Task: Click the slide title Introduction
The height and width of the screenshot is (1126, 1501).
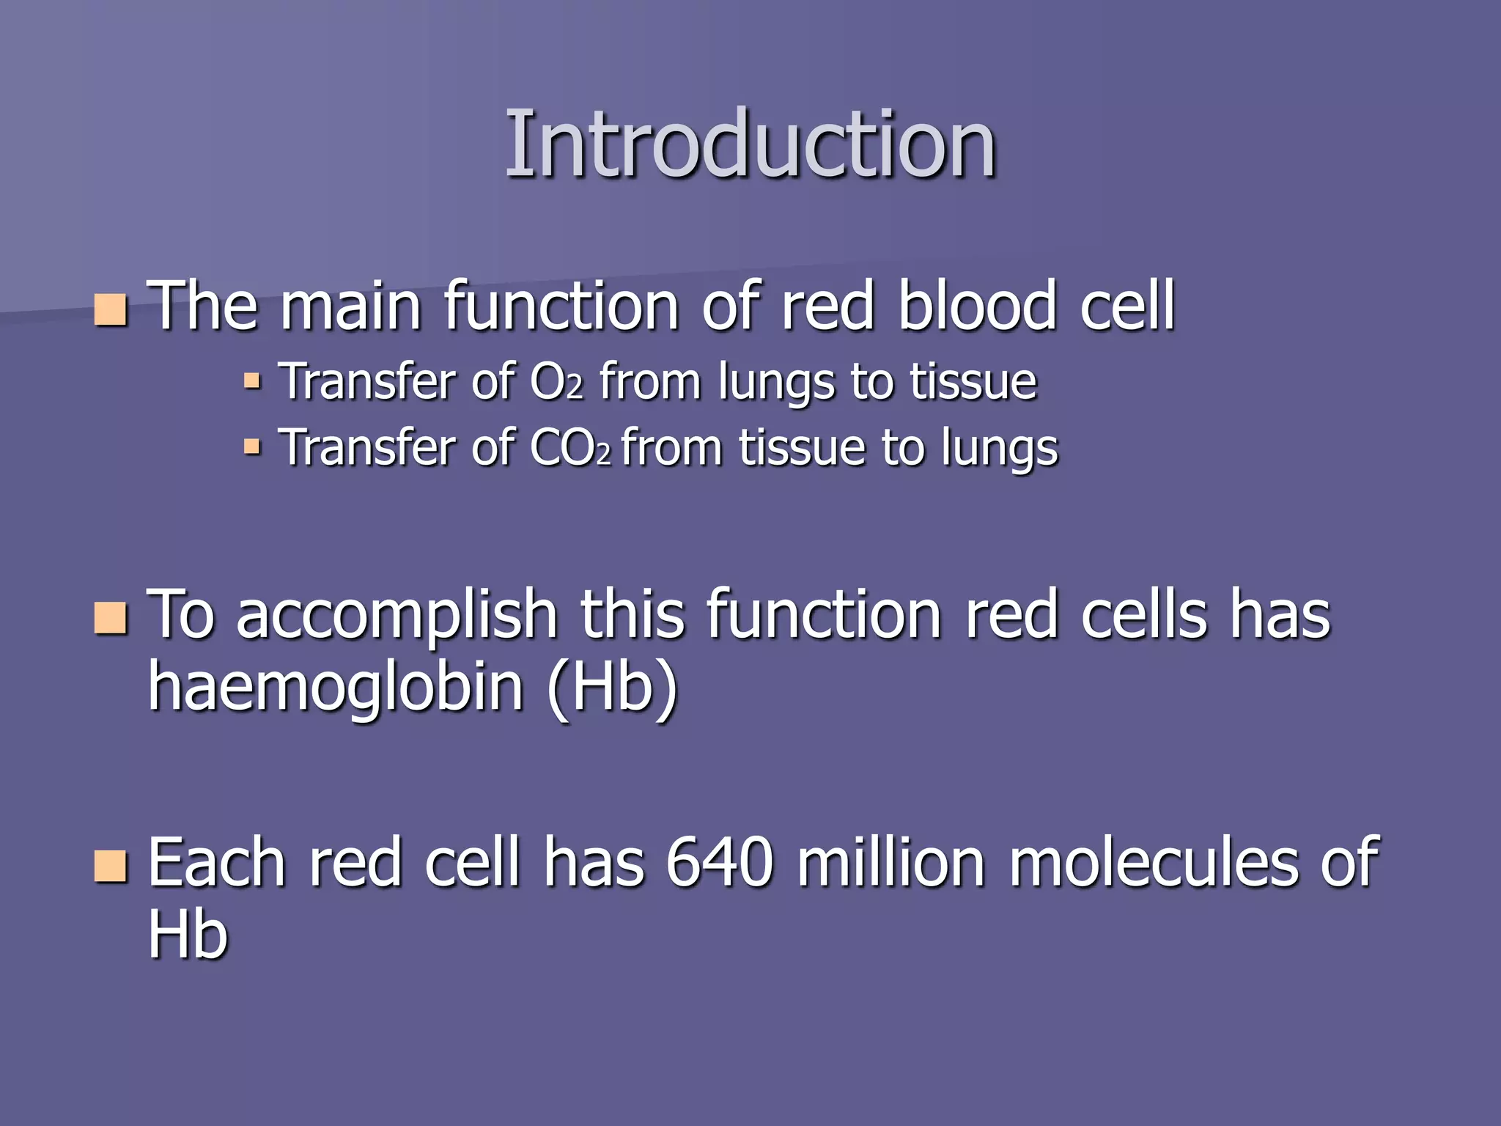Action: tap(750, 144)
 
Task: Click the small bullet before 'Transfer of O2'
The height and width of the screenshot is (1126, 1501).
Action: tap(252, 380)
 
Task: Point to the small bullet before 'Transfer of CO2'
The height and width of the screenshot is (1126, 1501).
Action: tap(252, 446)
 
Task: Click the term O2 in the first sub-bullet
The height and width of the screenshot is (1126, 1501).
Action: tap(556, 382)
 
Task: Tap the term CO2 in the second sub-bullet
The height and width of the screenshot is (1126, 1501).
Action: tap(569, 448)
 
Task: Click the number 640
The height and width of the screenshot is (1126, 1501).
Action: tap(720, 864)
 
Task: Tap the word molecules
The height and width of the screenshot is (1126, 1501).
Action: tap(1154, 864)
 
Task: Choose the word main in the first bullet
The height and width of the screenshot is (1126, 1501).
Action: tap(350, 306)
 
